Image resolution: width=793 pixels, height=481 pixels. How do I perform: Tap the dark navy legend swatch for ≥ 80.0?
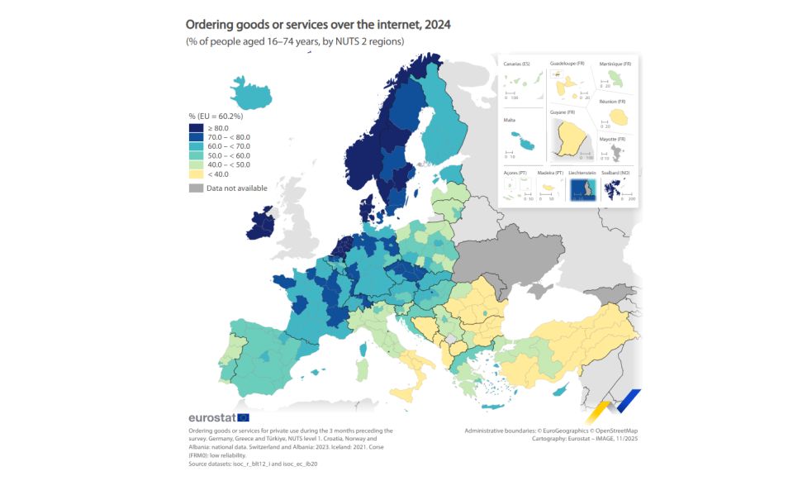point(196,129)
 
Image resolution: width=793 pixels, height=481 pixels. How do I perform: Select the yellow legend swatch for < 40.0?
point(196,174)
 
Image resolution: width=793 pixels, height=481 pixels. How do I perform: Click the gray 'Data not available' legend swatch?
point(196,188)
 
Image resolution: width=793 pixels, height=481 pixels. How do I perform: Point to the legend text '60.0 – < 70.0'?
point(229,146)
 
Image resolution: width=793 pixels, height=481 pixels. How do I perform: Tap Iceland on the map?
point(253,93)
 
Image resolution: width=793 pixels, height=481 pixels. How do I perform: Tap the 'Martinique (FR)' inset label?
point(616,64)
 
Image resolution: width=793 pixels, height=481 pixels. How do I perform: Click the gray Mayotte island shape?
point(615,151)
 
